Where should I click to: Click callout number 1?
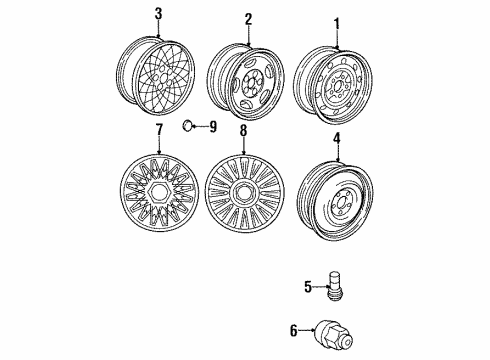point(337,22)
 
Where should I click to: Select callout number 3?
point(157,14)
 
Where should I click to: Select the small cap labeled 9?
point(188,126)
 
